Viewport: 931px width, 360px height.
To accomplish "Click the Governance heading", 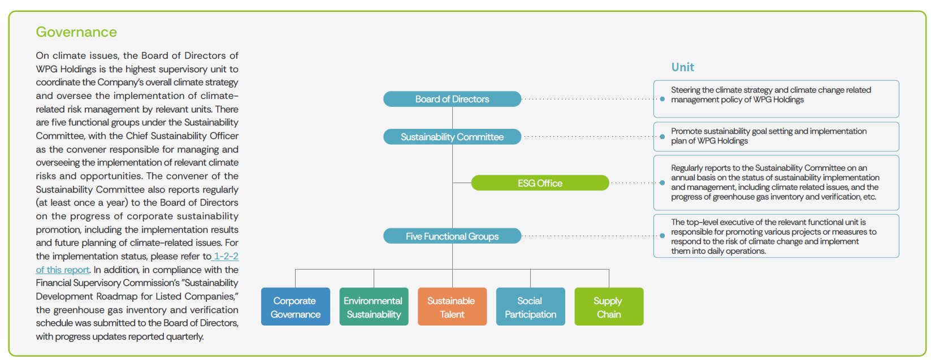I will pyautogui.click(x=76, y=32).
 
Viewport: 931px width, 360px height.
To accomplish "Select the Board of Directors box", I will pyautogui.click(x=452, y=99).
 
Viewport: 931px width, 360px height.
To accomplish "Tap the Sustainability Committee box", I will pyautogui.click(x=452, y=137).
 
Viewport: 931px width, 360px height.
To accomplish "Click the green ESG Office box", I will pyautogui.click(x=540, y=183).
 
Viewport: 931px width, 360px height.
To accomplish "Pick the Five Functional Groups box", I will pyautogui.click(x=452, y=236).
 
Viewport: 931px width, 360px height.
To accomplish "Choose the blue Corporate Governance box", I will pyautogui.click(x=296, y=307).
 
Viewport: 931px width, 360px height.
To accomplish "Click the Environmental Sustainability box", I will pyautogui.click(x=374, y=307).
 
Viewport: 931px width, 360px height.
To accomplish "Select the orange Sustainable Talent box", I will pyautogui.click(x=452, y=307).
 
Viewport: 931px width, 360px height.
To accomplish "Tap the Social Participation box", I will pyautogui.click(x=530, y=307).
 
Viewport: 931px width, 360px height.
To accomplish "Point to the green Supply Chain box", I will pyautogui.click(x=609, y=307).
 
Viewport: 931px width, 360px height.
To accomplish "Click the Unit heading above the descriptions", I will pyautogui.click(x=682, y=67).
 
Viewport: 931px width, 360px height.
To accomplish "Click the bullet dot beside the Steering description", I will pyautogui.click(x=662, y=99).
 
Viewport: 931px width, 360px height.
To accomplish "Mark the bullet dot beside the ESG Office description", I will pyautogui.click(x=662, y=183).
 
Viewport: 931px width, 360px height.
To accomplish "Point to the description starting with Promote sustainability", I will pyautogui.click(x=769, y=136).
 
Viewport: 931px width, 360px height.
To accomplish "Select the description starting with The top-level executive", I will pyautogui.click(x=773, y=236).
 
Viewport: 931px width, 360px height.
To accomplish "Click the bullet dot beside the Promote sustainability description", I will pyautogui.click(x=662, y=136).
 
